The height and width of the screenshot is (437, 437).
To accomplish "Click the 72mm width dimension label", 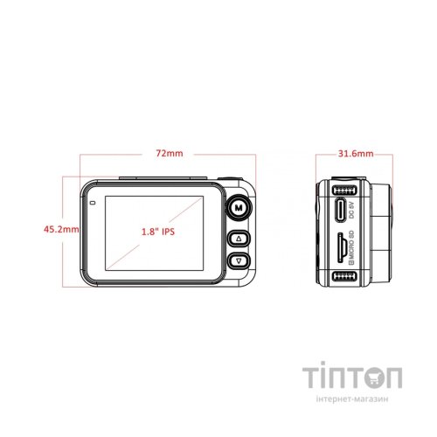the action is [x=170, y=153].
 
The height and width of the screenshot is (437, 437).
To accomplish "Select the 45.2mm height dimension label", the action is [x=61, y=229].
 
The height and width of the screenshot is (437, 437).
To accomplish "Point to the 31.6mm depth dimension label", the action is [x=356, y=154].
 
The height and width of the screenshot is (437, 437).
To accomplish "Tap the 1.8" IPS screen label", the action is [x=158, y=232].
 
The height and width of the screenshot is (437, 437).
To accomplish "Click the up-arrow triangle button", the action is [x=239, y=239].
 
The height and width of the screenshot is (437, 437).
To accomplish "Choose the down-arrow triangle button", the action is [x=239, y=260].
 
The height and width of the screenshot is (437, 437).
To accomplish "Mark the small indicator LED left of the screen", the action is [x=93, y=203].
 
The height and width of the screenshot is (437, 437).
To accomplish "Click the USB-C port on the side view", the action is [x=341, y=210].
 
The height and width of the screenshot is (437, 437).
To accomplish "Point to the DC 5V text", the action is [x=352, y=210].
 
